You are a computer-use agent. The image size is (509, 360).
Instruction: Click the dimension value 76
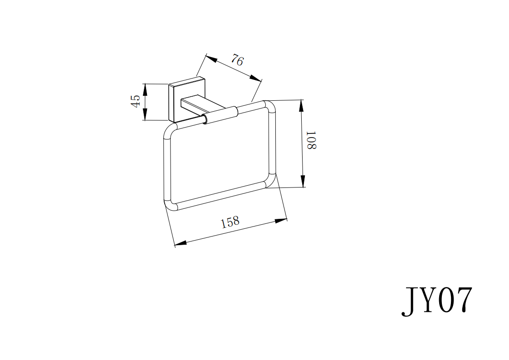(237, 60)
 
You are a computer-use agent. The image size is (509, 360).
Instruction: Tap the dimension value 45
(135, 101)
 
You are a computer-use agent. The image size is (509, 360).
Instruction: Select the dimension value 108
(311, 140)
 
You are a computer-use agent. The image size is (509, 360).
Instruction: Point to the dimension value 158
(230, 222)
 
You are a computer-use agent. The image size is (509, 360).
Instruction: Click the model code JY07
(437, 301)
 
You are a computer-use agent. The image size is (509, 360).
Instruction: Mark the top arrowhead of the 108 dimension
(301, 104)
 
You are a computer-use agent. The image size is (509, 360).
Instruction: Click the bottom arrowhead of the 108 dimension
(301, 183)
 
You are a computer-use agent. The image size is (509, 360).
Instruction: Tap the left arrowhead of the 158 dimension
(180, 244)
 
